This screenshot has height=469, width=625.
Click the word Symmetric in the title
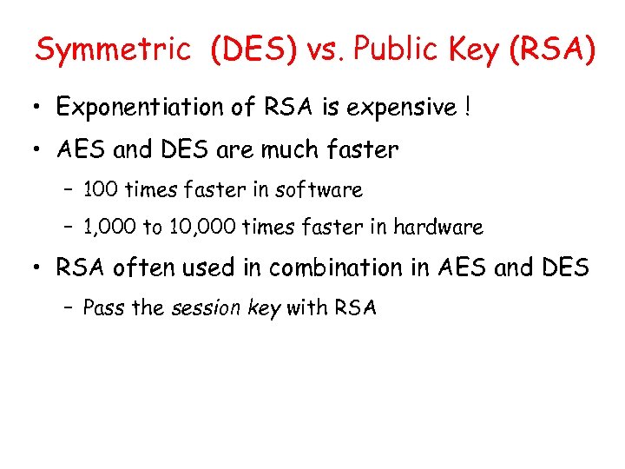point(112,51)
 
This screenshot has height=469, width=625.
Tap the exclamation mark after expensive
point(468,107)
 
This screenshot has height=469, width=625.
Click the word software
point(319,189)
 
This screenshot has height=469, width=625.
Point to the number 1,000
point(109,228)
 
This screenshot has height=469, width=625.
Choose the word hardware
point(437,228)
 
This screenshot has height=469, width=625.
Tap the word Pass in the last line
point(103,307)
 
